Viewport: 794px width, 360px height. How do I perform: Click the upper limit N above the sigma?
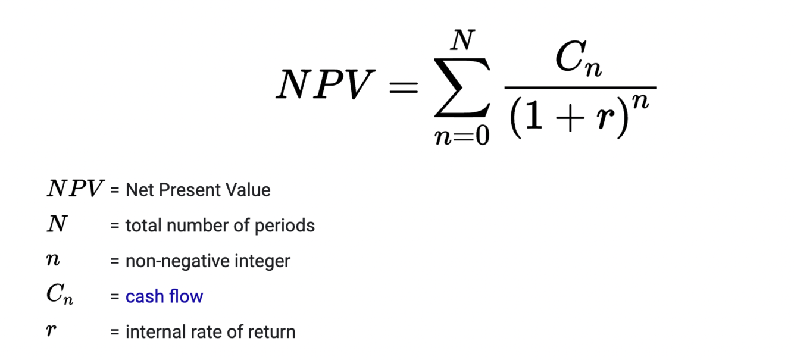[x=462, y=41]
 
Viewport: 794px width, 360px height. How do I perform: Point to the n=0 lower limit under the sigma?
[x=462, y=136]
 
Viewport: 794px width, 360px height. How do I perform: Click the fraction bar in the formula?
[x=580, y=88]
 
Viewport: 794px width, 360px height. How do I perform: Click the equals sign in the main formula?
[x=404, y=88]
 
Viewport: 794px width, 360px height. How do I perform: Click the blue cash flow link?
[x=164, y=296]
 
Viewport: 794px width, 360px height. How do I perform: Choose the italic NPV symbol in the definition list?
[x=75, y=189]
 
